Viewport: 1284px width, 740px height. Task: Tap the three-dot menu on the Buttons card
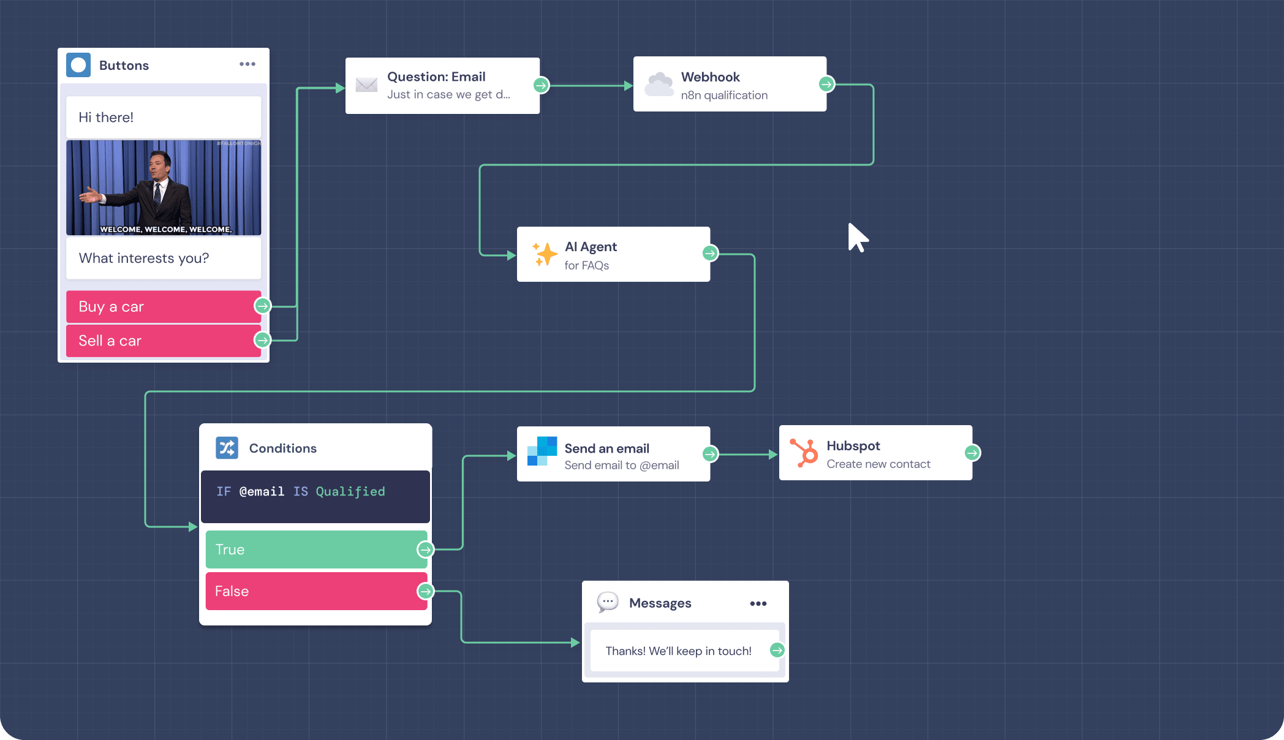(x=247, y=64)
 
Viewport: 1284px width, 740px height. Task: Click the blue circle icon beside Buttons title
(x=78, y=65)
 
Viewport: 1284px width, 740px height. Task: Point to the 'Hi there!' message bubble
(x=163, y=117)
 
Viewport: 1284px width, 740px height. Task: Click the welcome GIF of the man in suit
(x=163, y=187)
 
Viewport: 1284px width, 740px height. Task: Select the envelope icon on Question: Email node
(x=366, y=85)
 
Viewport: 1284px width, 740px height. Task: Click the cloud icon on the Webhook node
(x=659, y=85)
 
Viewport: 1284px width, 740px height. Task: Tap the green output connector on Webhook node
(x=826, y=84)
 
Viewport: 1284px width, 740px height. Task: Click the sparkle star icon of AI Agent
(x=544, y=254)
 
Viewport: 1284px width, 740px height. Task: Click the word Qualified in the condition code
(x=350, y=491)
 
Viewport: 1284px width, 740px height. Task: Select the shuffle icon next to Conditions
(x=227, y=448)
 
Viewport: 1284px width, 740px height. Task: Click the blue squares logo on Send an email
(x=542, y=451)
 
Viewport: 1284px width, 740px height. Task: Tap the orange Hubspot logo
(x=804, y=453)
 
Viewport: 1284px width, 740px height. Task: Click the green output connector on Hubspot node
(x=972, y=453)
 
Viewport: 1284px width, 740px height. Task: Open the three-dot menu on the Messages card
(x=758, y=603)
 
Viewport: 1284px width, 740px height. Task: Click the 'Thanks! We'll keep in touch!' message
(x=678, y=651)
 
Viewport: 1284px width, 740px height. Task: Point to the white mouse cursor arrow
(x=857, y=238)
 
